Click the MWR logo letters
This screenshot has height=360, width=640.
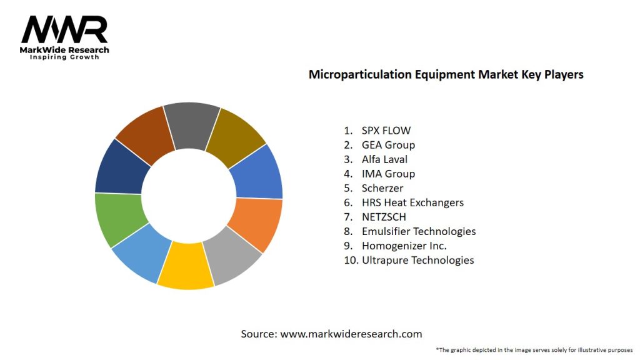(x=64, y=29)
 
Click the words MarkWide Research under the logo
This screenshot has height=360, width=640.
(x=64, y=50)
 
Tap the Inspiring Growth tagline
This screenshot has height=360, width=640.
(x=64, y=57)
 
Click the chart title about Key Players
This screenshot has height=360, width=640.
(x=446, y=74)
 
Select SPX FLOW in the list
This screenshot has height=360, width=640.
(x=386, y=131)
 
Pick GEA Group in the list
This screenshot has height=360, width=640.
(x=388, y=145)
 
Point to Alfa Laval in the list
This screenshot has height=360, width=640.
(x=384, y=159)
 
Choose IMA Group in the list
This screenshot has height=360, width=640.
(x=388, y=174)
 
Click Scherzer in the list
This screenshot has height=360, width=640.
(x=382, y=188)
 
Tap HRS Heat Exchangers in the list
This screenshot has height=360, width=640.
(x=412, y=202)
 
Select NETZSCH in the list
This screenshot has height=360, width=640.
(x=384, y=217)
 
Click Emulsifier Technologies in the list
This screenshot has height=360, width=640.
(x=419, y=231)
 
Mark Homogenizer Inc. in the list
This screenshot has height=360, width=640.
(x=404, y=246)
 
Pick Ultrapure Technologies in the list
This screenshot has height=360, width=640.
(x=417, y=260)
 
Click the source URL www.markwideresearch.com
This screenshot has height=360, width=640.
(x=351, y=334)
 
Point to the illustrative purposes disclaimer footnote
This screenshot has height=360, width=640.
(x=534, y=350)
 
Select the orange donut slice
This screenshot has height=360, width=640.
(x=256, y=222)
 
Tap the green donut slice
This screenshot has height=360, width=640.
(x=119, y=219)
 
